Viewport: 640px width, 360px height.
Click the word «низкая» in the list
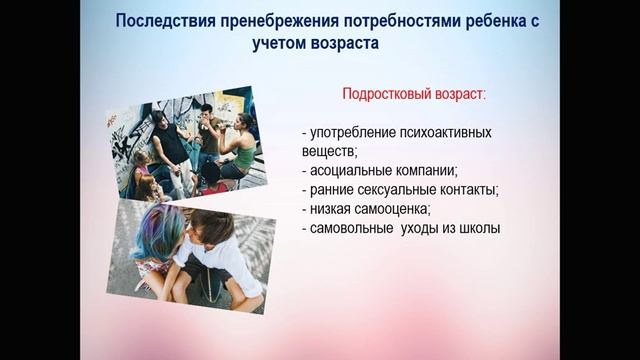pos(330,209)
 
